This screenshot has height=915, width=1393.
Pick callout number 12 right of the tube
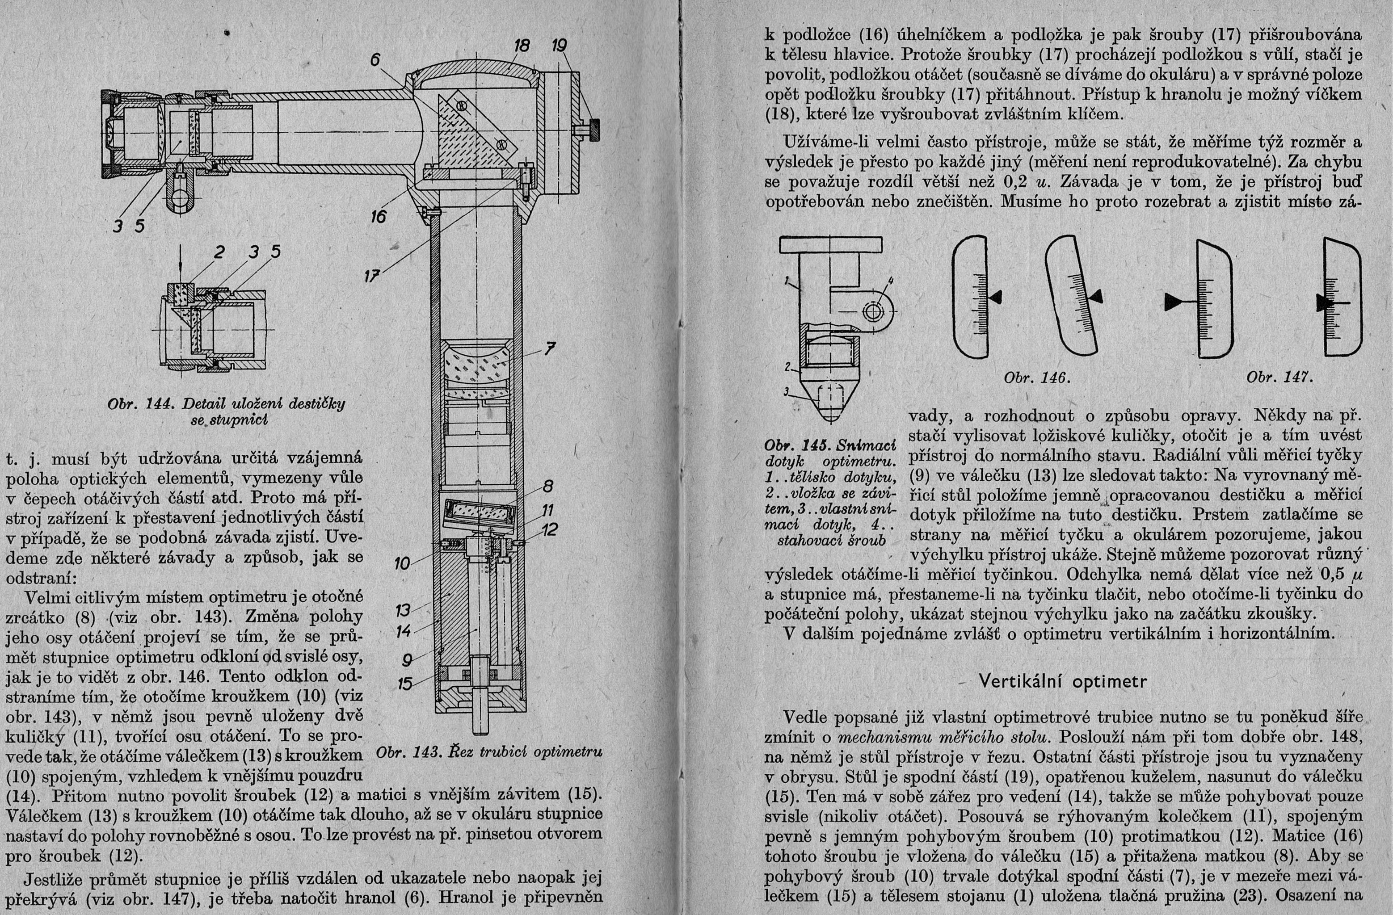tap(549, 530)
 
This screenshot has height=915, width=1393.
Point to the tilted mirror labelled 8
tap(479, 515)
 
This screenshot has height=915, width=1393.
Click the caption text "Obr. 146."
tap(1036, 378)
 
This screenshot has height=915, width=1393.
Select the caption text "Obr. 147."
tap(1279, 378)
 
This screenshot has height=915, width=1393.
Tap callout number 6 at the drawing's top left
tap(375, 60)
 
